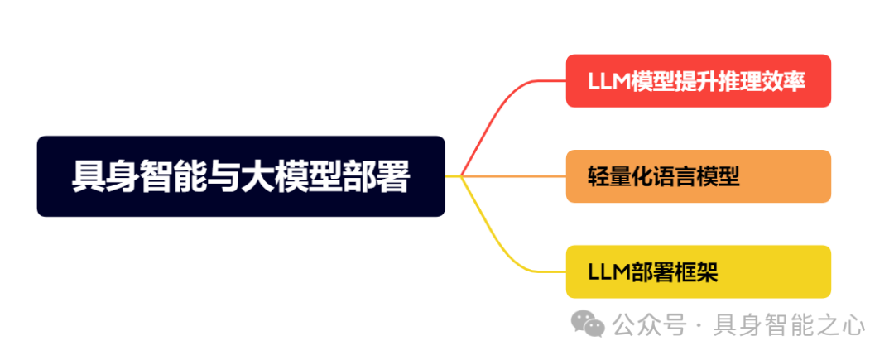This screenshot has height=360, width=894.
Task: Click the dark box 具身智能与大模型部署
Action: point(241,176)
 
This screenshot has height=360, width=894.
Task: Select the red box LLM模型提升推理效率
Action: point(698,81)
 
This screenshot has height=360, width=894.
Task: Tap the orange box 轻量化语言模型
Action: point(698,176)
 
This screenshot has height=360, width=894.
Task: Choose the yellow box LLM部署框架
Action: point(698,271)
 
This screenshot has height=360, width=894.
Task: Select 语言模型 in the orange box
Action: point(696,176)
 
